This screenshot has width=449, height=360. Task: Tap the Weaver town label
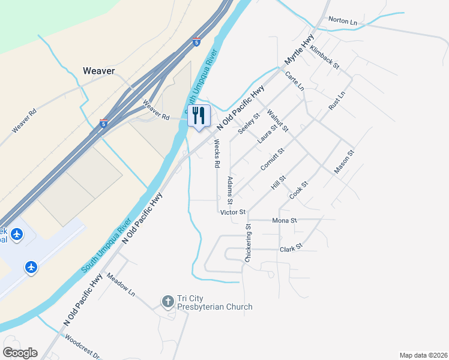coord(98,71)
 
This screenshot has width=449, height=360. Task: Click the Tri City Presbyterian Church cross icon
coord(169,300)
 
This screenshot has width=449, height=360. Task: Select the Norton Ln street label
coord(342,21)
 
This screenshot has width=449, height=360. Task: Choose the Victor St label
coord(233,212)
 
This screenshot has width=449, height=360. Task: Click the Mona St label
coord(285,221)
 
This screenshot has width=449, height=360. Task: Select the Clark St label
coord(291,248)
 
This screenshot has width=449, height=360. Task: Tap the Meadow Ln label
coord(121,283)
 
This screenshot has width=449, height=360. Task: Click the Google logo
coord(20,353)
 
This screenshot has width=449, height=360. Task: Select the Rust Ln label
coord(337,100)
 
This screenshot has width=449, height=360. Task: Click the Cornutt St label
coord(272,160)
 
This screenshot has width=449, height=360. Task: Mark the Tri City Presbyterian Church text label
coord(214,303)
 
